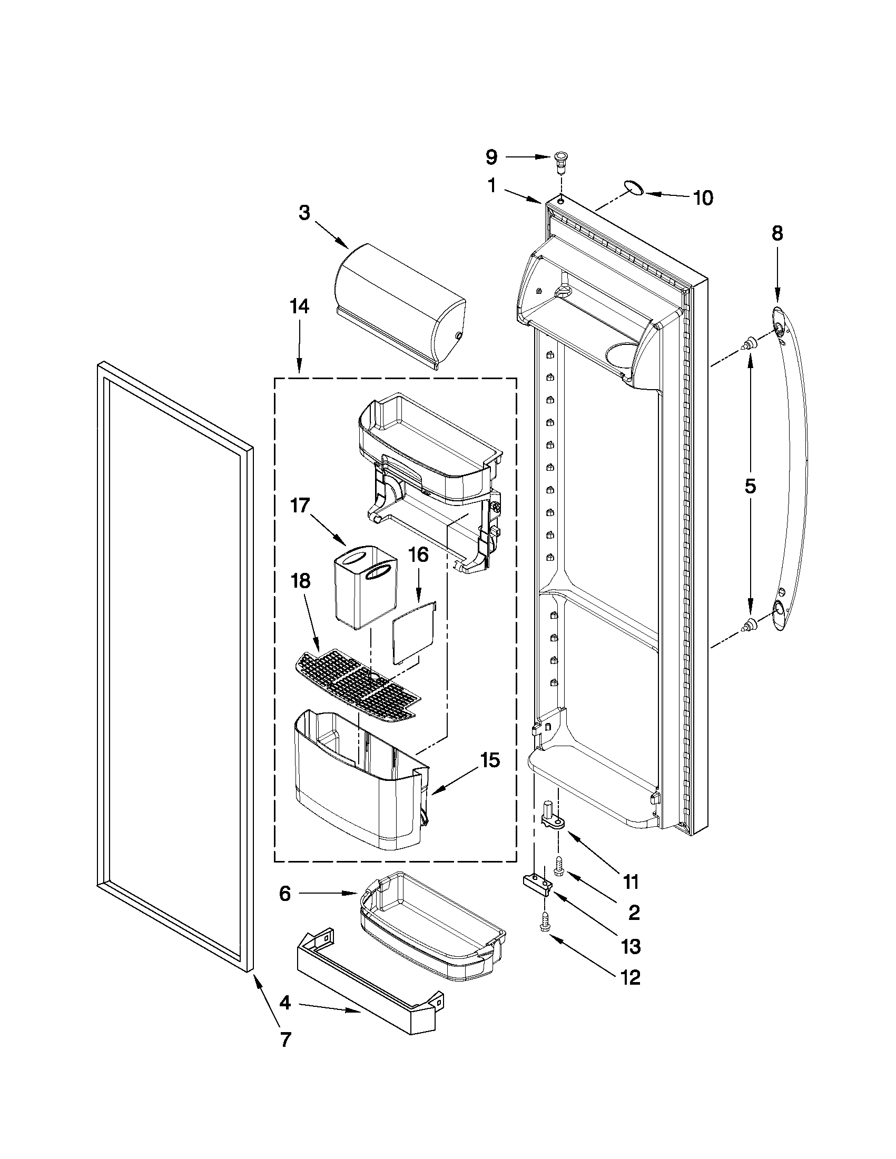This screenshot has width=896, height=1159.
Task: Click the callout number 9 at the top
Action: coord(491,157)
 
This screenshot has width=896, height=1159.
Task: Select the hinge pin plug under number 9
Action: coord(560,160)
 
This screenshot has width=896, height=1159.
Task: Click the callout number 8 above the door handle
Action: coord(777,233)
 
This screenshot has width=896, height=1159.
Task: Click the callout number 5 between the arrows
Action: coord(750,486)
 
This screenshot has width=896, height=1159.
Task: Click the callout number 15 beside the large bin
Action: coord(490,760)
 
